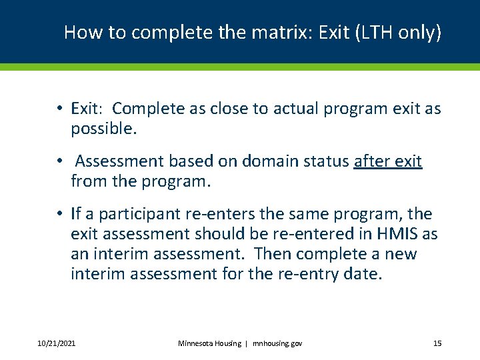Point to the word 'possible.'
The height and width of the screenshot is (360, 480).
coord(103,129)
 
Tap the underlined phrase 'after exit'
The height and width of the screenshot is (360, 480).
coord(387,161)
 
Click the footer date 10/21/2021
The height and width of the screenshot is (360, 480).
coord(56,343)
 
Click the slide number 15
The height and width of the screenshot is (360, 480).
coord(437,343)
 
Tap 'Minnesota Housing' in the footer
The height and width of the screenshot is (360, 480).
coord(210,343)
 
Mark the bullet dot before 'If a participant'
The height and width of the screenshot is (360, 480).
coord(59,214)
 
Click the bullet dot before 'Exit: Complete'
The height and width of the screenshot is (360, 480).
coord(59,109)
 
